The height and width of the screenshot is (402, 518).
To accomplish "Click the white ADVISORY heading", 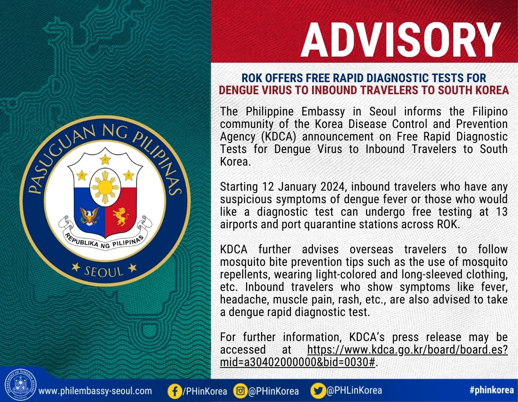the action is pos(401,40).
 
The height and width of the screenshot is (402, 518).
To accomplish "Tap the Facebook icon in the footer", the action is pos(175,392).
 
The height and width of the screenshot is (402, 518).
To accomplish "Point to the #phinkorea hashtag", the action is pos(492,390).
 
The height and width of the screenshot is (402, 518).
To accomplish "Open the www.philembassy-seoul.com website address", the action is pos(95,391).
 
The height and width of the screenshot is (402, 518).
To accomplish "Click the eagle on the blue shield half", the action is pos(89,216).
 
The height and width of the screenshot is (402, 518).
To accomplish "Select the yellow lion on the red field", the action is pos(121,217).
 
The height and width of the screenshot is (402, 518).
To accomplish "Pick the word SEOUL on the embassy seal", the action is pos(104,271).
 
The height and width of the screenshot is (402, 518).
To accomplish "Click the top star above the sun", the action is pos(105,159).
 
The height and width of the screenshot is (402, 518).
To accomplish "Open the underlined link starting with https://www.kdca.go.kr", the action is pos(364,356).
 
